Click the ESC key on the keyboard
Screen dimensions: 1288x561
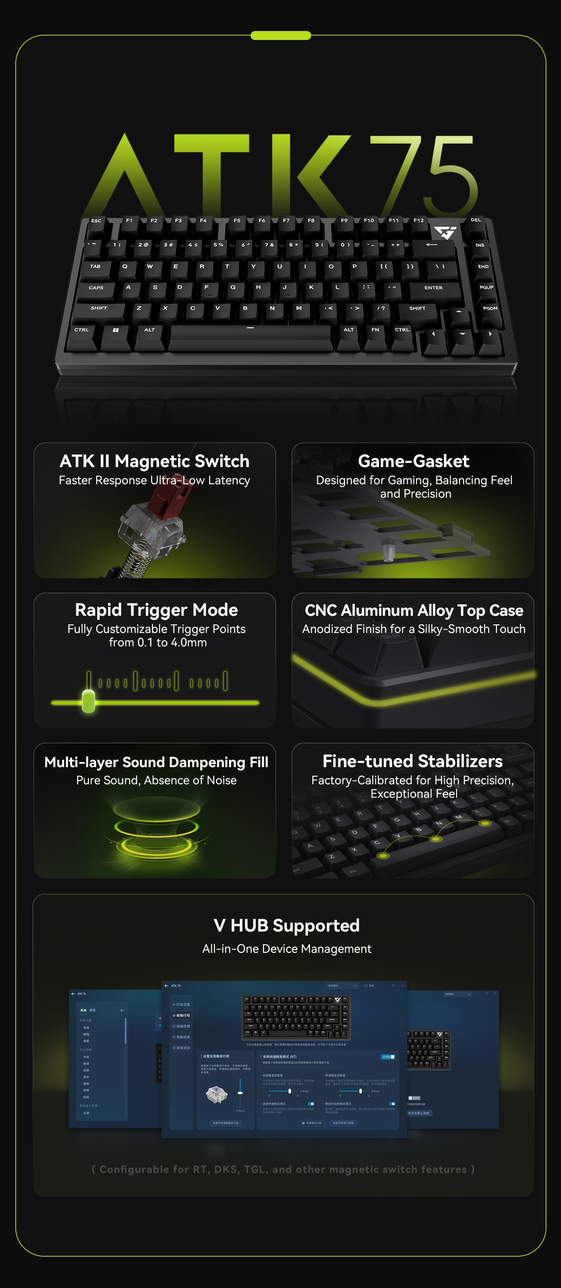tap(96, 222)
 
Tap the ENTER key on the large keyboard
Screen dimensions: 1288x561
tap(433, 288)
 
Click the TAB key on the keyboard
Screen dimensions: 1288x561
tap(95, 267)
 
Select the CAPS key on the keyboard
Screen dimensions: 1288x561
tap(96, 288)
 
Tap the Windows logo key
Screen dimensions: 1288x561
tap(116, 330)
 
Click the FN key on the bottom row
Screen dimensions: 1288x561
tap(375, 330)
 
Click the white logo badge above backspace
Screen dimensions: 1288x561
tap(444, 232)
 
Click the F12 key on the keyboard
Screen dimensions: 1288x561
tap(419, 220)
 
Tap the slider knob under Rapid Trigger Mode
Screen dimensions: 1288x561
tap(89, 701)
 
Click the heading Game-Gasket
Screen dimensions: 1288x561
tap(413, 461)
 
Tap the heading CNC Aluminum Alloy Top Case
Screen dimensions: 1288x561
tap(414, 611)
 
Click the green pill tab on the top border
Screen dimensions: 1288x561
tap(280, 35)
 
